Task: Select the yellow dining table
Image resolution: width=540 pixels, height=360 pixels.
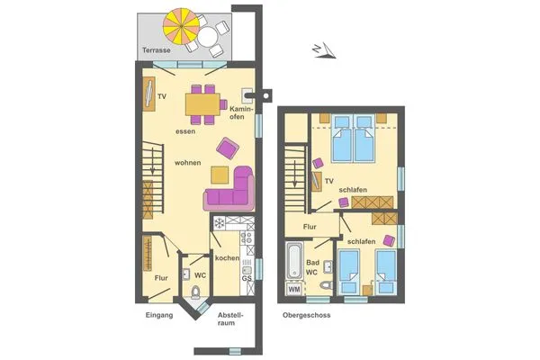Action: pyautogui.click(x=205, y=106)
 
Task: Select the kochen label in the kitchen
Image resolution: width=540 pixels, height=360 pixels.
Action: pyautogui.click(x=227, y=258)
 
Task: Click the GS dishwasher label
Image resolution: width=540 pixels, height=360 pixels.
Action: pyautogui.click(x=246, y=279)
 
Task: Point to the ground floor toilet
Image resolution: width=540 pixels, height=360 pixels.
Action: pyautogui.click(x=197, y=292)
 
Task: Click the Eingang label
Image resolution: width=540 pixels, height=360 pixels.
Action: pyautogui.click(x=158, y=316)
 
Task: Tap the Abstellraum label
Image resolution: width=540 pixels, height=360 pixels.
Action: pyautogui.click(x=229, y=320)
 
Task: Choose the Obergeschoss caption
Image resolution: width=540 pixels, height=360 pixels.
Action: pyautogui.click(x=306, y=316)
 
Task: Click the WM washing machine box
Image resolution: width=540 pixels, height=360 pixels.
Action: pyautogui.click(x=293, y=290)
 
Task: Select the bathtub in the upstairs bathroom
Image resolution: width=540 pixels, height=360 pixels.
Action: pyautogui.click(x=293, y=260)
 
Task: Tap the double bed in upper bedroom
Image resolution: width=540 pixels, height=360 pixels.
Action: pyautogui.click(x=353, y=140)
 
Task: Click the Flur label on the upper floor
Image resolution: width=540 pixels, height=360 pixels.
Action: pyautogui.click(x=310, y=227)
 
